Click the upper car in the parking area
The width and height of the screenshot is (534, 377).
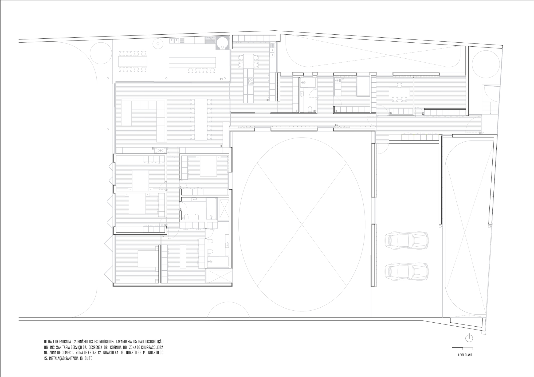[406, 240]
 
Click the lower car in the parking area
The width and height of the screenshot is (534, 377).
[406, 271]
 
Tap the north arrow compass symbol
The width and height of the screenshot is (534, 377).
[469, 338]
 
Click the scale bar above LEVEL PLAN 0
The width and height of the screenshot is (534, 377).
[462, 348]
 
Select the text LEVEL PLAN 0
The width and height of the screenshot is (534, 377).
[465, 355]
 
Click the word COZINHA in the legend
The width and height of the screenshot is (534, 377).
[115, 347]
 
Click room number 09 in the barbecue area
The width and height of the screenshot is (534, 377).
[221, 79]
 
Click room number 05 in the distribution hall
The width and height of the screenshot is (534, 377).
[336, 125]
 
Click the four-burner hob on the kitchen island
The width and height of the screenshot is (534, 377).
[250, 81]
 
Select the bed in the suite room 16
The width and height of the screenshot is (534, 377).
[147, 259]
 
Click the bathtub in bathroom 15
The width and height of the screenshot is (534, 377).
[211, 208]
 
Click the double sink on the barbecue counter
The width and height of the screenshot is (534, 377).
[174, 41]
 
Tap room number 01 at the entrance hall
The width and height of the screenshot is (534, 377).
[480, 133]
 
